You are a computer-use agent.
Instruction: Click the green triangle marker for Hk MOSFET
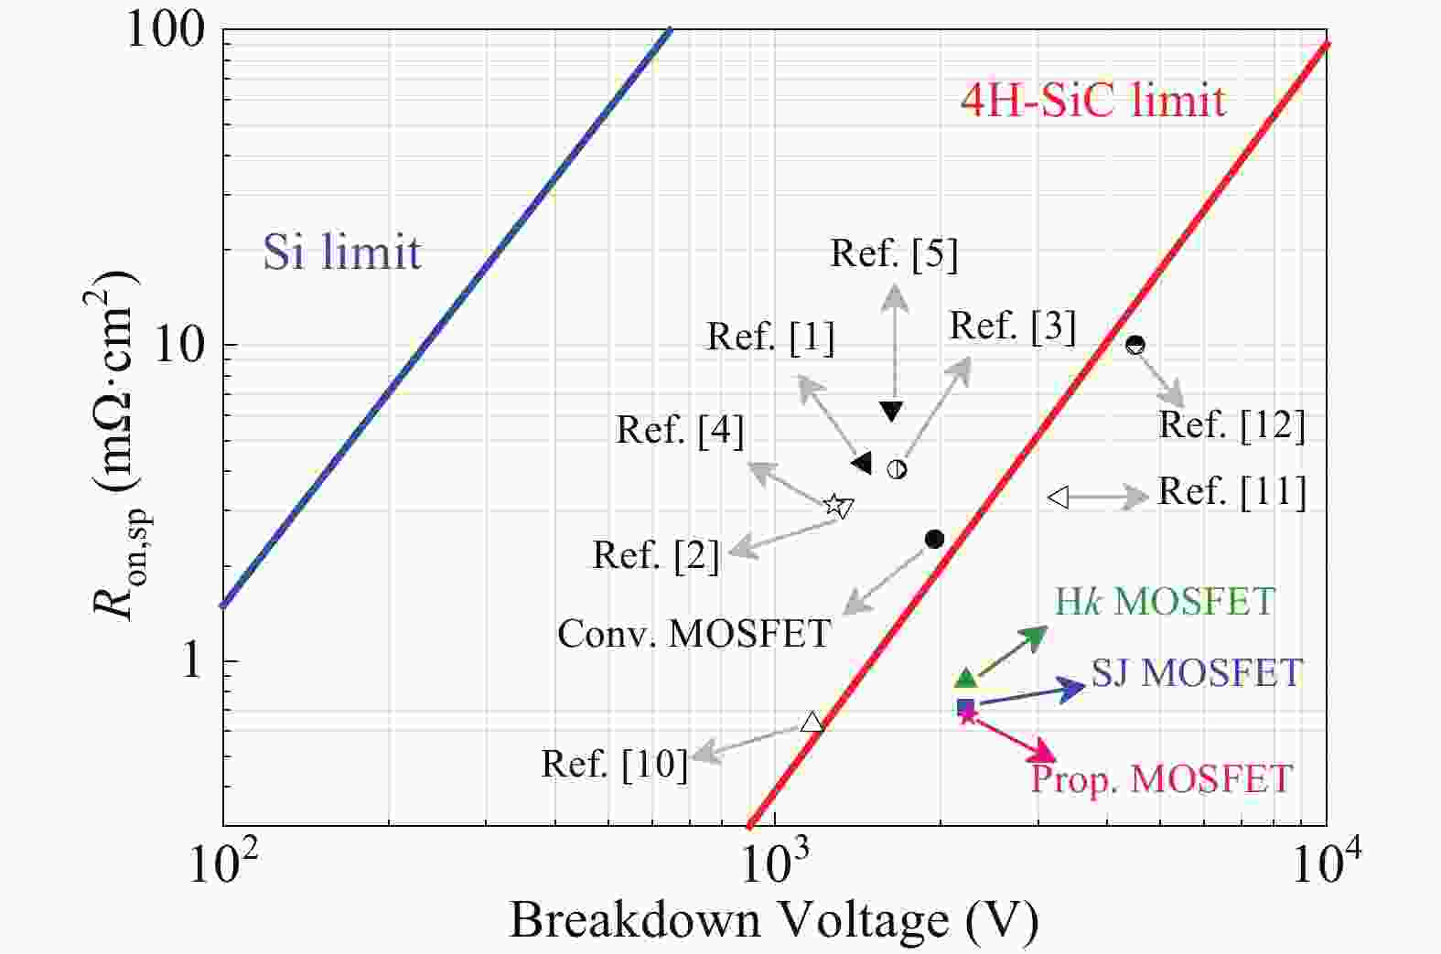point(966,678)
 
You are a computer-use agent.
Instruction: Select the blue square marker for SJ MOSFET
point(966,706)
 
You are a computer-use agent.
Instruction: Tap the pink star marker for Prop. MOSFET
point(968,715)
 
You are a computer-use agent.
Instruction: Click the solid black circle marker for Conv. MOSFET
point(934,539)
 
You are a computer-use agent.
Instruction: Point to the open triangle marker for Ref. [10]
point(812,723)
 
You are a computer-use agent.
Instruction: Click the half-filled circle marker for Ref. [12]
point(1135,345)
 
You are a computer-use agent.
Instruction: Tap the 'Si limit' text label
point(342,252)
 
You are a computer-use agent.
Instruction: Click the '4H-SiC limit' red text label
point(1092,100)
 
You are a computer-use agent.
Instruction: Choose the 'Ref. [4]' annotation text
point(680,430)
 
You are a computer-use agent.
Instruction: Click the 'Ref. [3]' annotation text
point(1013,327)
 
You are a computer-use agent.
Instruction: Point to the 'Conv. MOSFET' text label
point(694,633)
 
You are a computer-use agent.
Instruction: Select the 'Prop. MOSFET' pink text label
point(1161,779)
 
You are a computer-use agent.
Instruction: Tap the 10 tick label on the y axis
point(177,346)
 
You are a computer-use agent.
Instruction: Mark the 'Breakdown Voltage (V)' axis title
point(774,920)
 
